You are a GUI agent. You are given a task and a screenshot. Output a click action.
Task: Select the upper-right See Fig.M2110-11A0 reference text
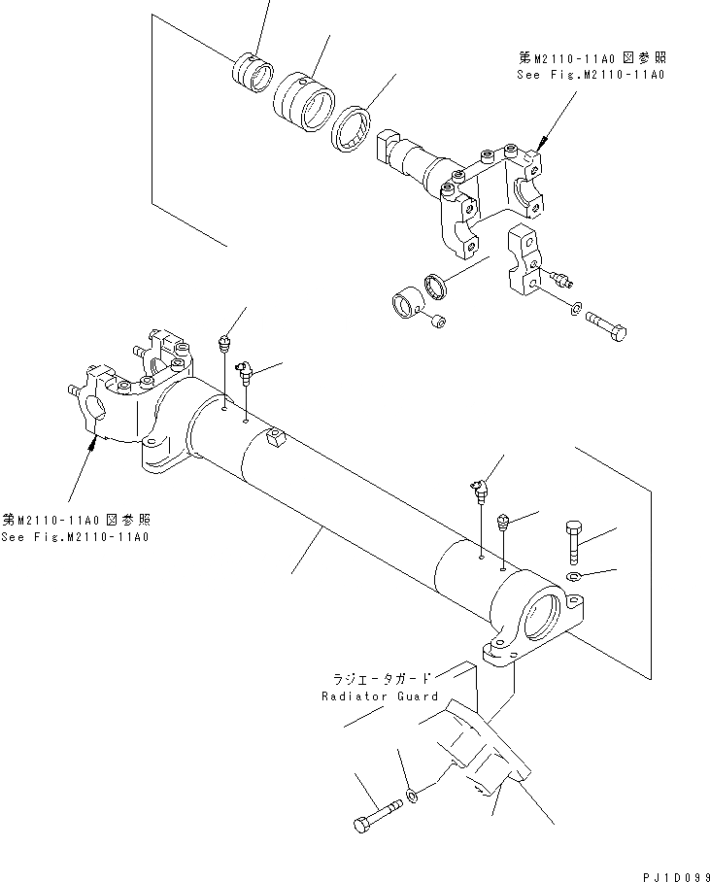(592, 74)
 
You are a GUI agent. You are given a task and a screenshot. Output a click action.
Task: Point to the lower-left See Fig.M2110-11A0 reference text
(75, 536)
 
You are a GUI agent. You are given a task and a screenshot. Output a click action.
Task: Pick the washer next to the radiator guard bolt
(414, 797)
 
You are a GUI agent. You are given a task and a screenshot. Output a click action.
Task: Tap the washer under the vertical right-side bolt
(574, 579)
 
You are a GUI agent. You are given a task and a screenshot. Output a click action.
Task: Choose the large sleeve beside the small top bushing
(302, 95)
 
